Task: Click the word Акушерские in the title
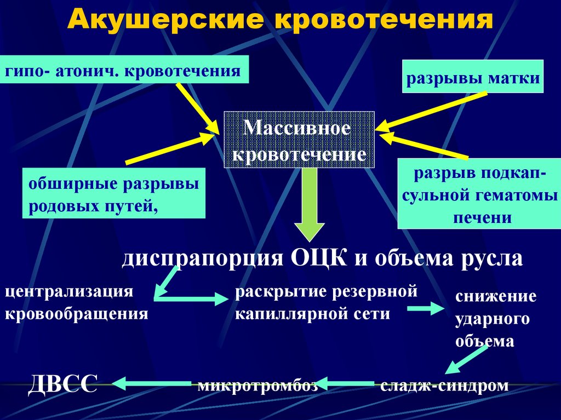coord(166,19)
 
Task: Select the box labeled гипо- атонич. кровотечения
coord(124,70)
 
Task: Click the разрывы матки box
coord(473,77)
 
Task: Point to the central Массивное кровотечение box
coord(299,140)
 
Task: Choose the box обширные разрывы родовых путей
coord(114,193)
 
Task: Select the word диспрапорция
coord(203,258)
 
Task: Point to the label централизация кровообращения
coord(76,302)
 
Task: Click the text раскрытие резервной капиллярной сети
coord(326,302)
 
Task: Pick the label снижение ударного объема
coord(496,319)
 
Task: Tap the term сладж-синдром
coord(444,386)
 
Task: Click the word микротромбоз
coord(257,386)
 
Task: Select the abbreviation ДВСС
coord(62,384)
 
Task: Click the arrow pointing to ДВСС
coord(152,384)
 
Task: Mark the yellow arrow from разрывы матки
coord(431,111)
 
